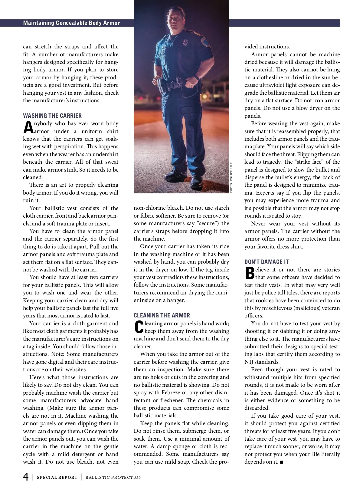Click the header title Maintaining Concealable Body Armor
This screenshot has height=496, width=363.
coord(71,23)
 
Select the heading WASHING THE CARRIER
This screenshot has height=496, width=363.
coord(52,116)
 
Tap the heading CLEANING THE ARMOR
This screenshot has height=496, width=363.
coord(162,315)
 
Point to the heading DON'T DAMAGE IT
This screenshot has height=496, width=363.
coord(267,262)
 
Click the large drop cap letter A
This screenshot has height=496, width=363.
coord(28,127)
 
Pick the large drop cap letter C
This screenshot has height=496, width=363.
coord(139,327)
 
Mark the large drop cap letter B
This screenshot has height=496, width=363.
coord(250,273)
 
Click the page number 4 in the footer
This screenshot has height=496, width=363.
coord(26,477)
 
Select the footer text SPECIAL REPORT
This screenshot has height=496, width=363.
coord(57,478)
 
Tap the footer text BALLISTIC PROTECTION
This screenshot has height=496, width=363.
coord(113,478)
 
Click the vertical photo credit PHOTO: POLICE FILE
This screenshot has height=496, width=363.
coord(231,177)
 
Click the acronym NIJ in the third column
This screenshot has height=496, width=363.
coord(249,362)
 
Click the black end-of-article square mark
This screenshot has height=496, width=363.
coord(282,462)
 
